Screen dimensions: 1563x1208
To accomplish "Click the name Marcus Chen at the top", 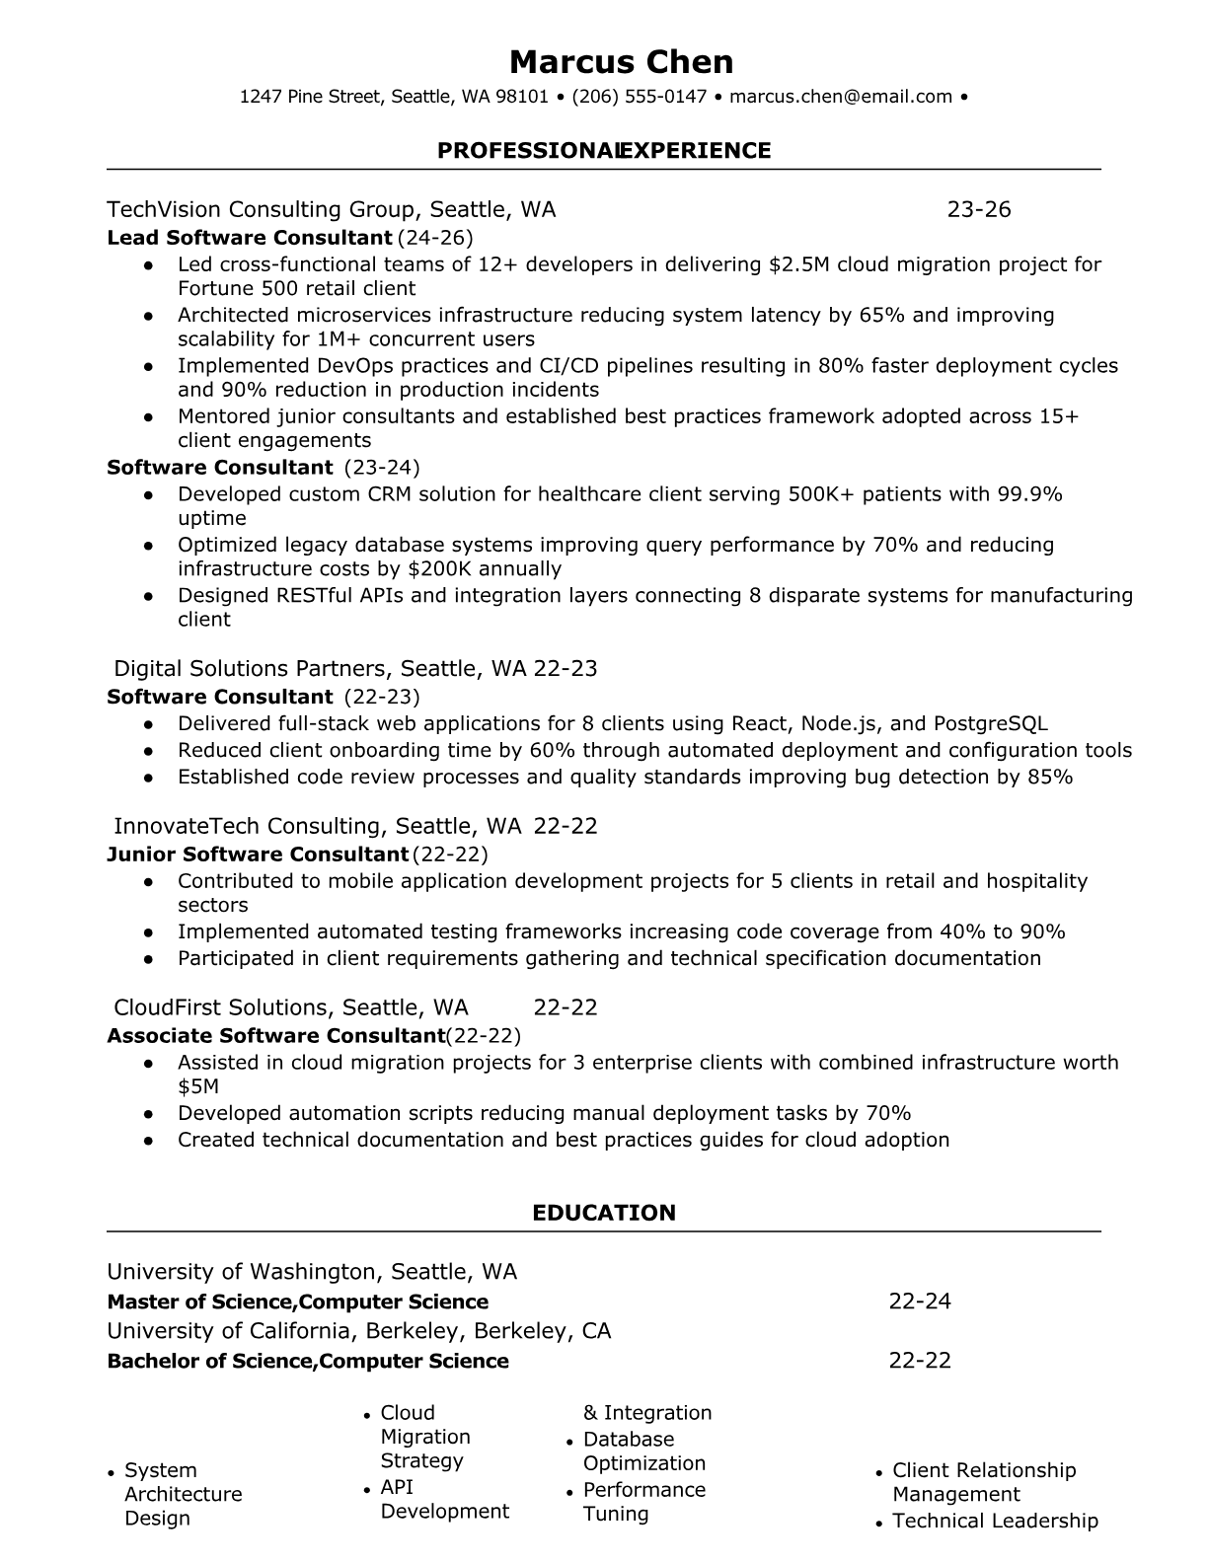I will tap(621, 62).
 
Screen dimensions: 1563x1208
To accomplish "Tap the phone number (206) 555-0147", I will tap(639, 97).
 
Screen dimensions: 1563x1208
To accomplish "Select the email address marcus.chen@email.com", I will tap(841, 97).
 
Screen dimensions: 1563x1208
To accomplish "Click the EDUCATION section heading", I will tap(604, 1213).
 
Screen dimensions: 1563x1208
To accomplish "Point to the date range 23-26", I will tap(979, 209).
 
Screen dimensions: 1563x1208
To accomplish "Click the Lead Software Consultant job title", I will tap(250, 238).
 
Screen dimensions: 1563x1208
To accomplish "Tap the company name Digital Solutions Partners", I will tap(251, 669).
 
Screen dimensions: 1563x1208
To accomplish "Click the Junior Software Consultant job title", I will tap(258, 855).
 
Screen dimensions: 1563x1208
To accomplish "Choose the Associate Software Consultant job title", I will tap(275, 1036).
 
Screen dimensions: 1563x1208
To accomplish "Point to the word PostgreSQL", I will tap(990, 723).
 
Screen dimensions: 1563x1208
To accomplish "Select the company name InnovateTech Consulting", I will tap(248, 826).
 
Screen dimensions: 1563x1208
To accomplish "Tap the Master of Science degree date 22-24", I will tap(920, 1302).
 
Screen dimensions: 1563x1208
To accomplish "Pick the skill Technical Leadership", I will tap(995, 1522).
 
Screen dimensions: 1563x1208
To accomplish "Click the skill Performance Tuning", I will tap(643, 1502).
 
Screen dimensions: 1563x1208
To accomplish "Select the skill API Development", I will tap(444, 1500).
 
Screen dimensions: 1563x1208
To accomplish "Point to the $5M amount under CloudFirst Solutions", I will tap(198, 1087).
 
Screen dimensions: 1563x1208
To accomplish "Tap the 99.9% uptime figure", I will tap(1029, 494).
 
